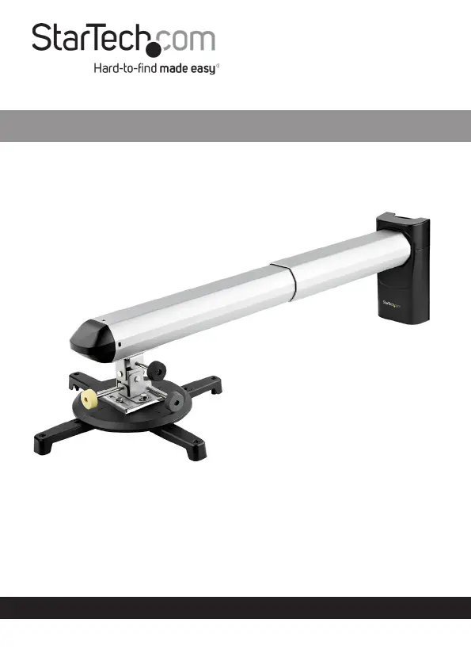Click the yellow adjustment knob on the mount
coord(89,399)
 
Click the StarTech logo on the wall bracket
coord(391,304)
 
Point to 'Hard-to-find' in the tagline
coord(125,68)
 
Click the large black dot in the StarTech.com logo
coord(154,48)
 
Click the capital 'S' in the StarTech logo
coord(43,37)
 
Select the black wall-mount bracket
coord(404,268)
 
